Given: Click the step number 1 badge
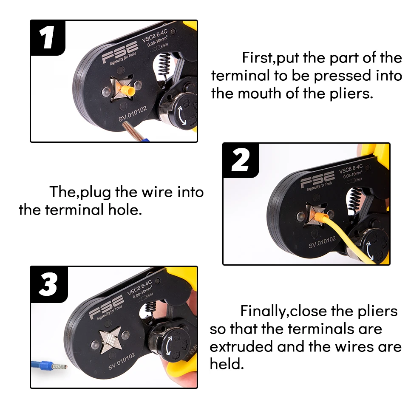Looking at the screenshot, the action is (x=48, y=37).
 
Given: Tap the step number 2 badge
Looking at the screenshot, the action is (x=241, y=160).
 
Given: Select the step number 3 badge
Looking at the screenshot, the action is (x=48, y=284).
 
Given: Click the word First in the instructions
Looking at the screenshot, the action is (x=257, y=57).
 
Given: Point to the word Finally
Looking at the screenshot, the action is (x=263, y=311).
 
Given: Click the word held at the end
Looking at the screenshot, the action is (x=227, y=363).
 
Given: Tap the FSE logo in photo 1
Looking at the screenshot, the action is (x=120, y=52).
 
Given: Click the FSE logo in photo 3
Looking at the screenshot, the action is (x=106, y=307).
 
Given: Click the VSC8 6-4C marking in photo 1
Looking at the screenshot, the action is (x=155, y=36).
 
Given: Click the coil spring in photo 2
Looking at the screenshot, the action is (x=355, y=198).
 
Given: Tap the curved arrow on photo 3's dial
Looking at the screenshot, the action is (x=169, y=345).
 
